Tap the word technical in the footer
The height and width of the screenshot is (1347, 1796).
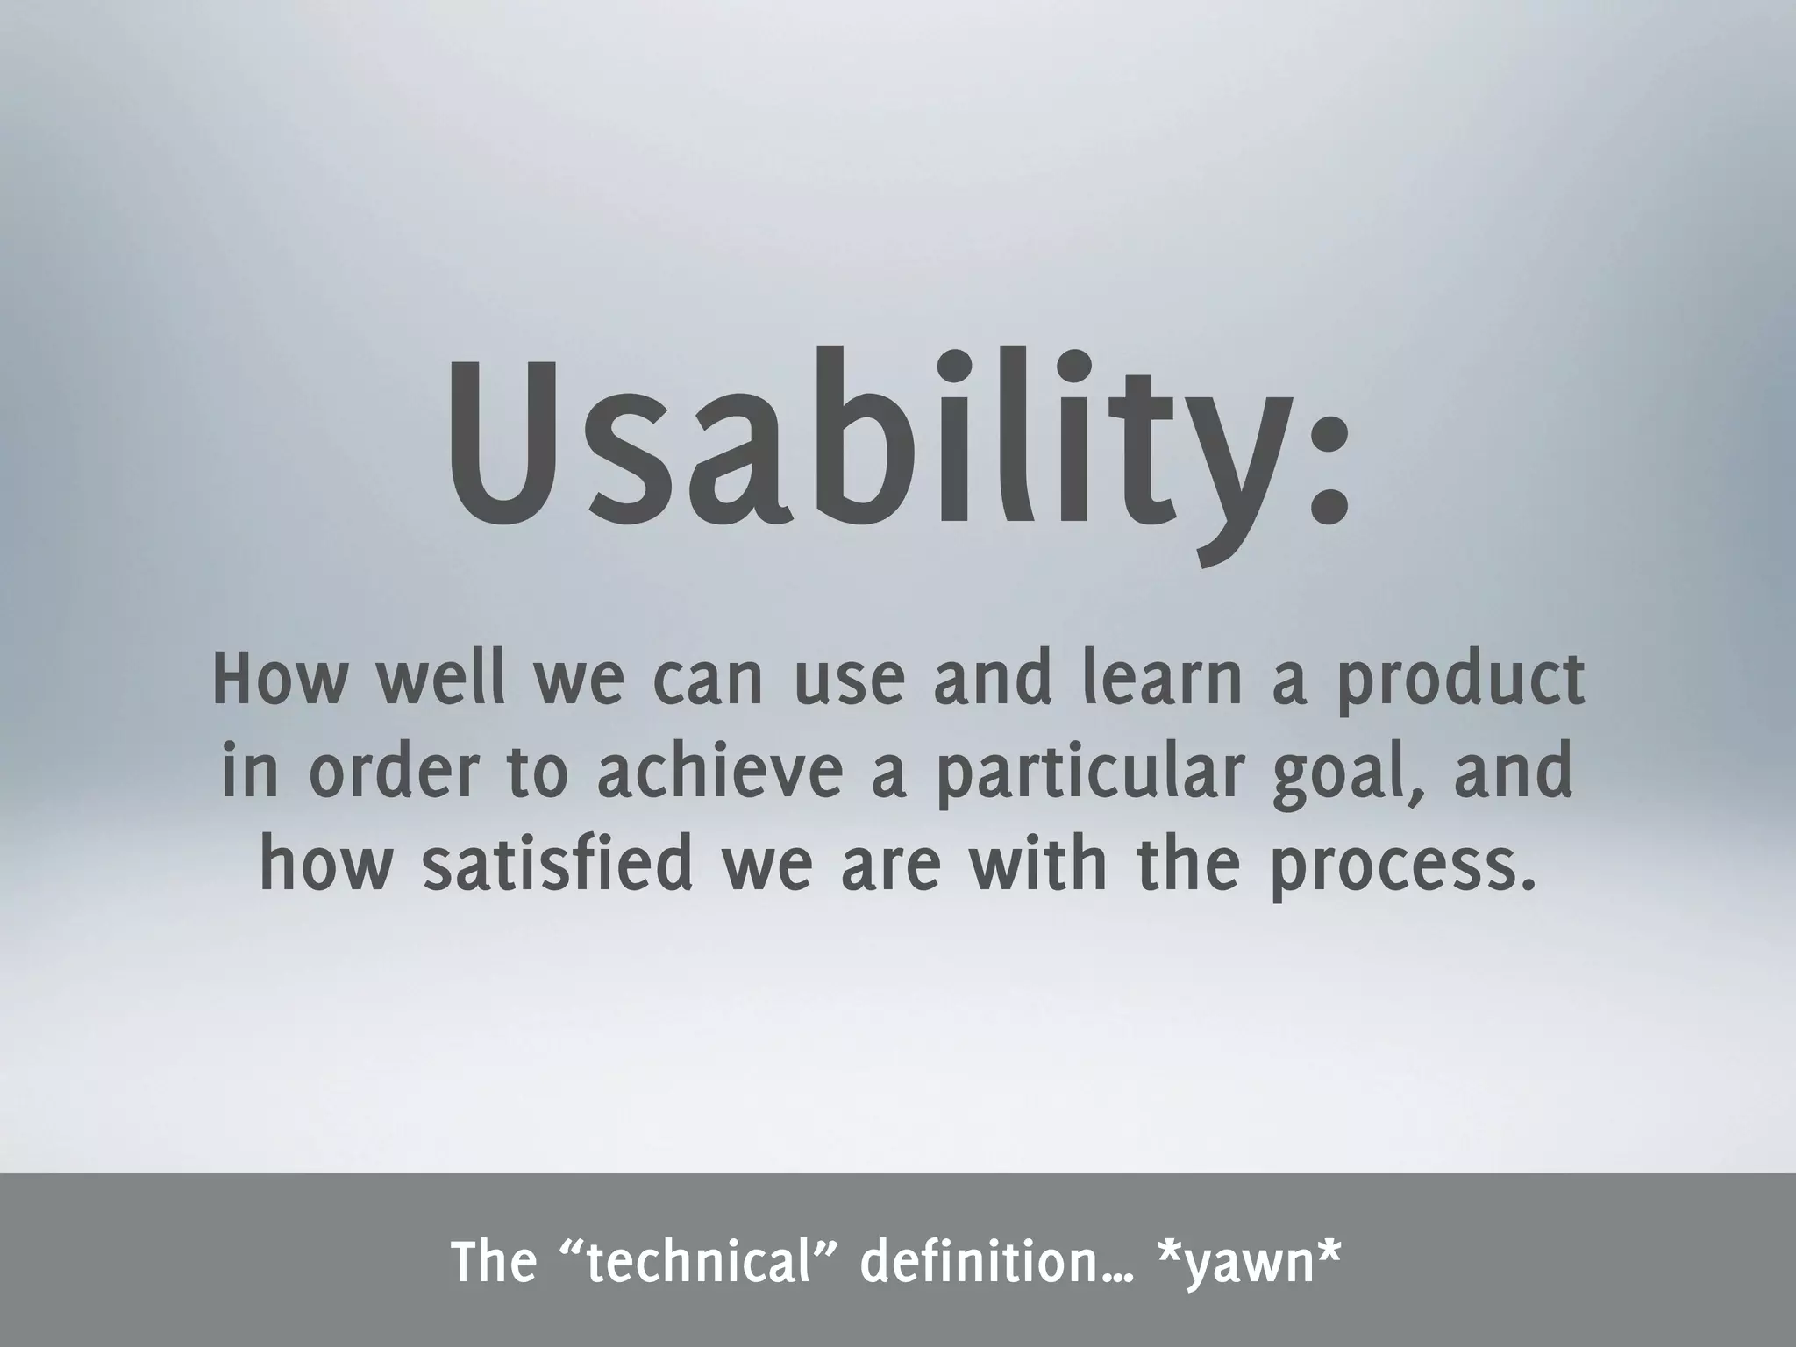pyautogui.click(x=701, y=1263)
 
